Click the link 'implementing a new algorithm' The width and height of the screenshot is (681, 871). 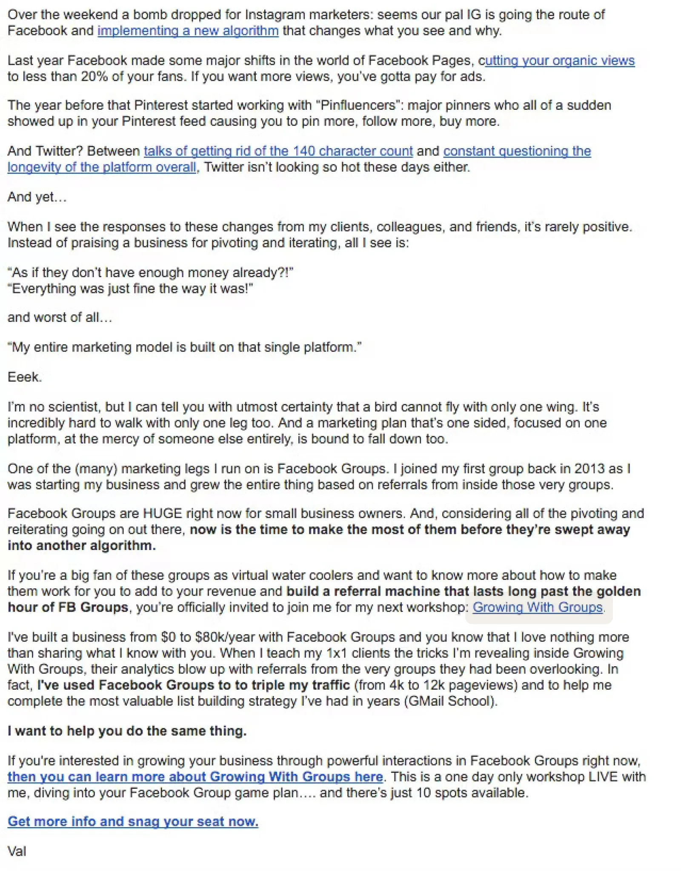[x=188, y=31]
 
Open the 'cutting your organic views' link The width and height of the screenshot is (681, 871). [x=559, y=61]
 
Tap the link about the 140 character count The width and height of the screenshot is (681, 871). [x=278, y=151]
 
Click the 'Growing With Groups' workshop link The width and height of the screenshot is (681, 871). [x=538, y=607]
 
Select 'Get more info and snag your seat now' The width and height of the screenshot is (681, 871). [x=133, y=821]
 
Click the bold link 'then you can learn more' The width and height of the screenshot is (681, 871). [x=195, y=776]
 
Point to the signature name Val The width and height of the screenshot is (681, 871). [x=17, y=851]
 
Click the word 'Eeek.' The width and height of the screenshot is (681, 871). [x=25, y=377]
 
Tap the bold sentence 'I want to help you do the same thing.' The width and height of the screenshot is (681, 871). [x=127, y=731]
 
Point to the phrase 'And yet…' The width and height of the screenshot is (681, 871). [x=37, y=197]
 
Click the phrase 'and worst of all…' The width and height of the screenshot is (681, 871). [x=60, y=318]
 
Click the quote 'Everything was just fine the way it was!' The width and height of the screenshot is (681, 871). [x=130, y=289]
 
